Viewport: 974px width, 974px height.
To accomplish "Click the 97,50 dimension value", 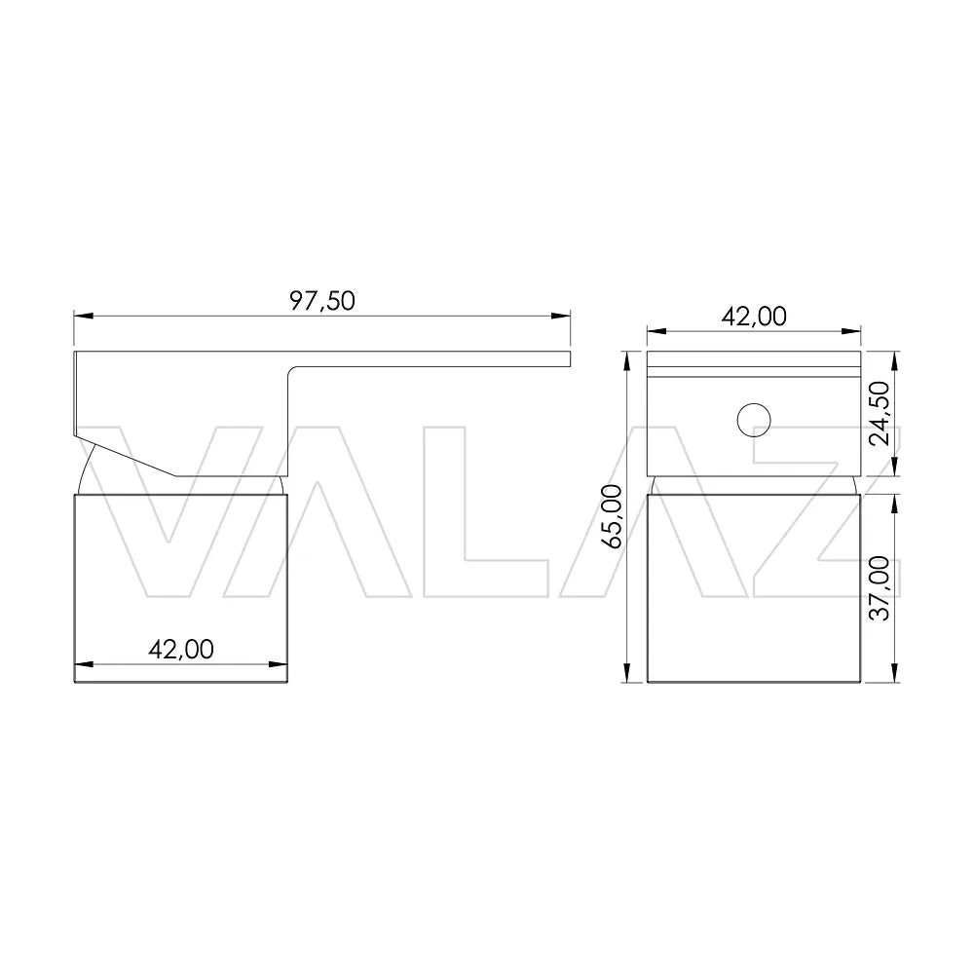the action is pyautogui.click(x=321, y=301).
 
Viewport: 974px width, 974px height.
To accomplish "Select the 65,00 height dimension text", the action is pyautogui.click(x=613, y=516).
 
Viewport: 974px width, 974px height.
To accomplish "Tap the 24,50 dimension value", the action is pyautogui.click(x=880, y=413).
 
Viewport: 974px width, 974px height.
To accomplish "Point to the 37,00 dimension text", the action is pyautogui.click(x=880, y=588).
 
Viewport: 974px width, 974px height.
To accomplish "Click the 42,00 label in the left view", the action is pyautogui.click(x=181, y=650).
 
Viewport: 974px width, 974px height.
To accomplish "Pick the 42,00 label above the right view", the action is pyautogui.click(x=754, y=317).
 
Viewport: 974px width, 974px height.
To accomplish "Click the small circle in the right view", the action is pyautogui.click(x=754, y=420).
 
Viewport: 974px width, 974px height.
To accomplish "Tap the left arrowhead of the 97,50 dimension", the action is pyautogui.click(x=83, y=316).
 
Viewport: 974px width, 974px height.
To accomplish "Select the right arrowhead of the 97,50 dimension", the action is pyautogui.click(x=561, y=316).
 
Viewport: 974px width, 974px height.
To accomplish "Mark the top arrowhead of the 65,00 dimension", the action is pyautogui.click(x=627, y=360).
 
